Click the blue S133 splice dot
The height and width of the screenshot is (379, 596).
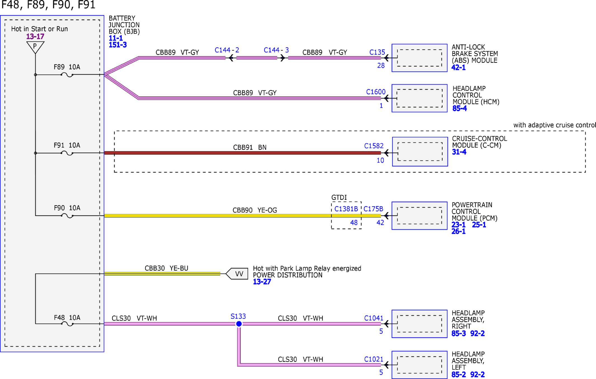(239, 324)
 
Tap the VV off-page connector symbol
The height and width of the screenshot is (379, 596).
(237, 274)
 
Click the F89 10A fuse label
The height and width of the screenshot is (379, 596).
(67, 67)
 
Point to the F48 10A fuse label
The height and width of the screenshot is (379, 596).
(67, 318)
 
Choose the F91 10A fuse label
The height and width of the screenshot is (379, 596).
(67, 145)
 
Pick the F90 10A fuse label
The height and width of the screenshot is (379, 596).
(67, 208)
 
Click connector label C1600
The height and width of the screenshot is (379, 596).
(376, 92)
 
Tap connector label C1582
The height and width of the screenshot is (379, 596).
(374, 146)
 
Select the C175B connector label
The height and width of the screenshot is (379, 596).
(373, 209)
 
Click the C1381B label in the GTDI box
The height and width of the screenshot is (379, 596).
(346, 209)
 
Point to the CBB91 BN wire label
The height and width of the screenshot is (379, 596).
(250, 147)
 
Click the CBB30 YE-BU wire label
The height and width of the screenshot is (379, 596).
(166, 268)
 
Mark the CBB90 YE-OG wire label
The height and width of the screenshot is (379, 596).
(255, 210)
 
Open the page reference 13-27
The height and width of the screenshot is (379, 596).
(262, 282)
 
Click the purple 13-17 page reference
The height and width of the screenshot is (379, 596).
(35, 37)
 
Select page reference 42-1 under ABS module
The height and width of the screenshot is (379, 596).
(458, 67)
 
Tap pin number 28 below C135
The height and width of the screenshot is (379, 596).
(381, 65)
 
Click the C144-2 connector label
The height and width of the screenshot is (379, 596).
(227, 50)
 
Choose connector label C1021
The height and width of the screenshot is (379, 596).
(374, 359)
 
